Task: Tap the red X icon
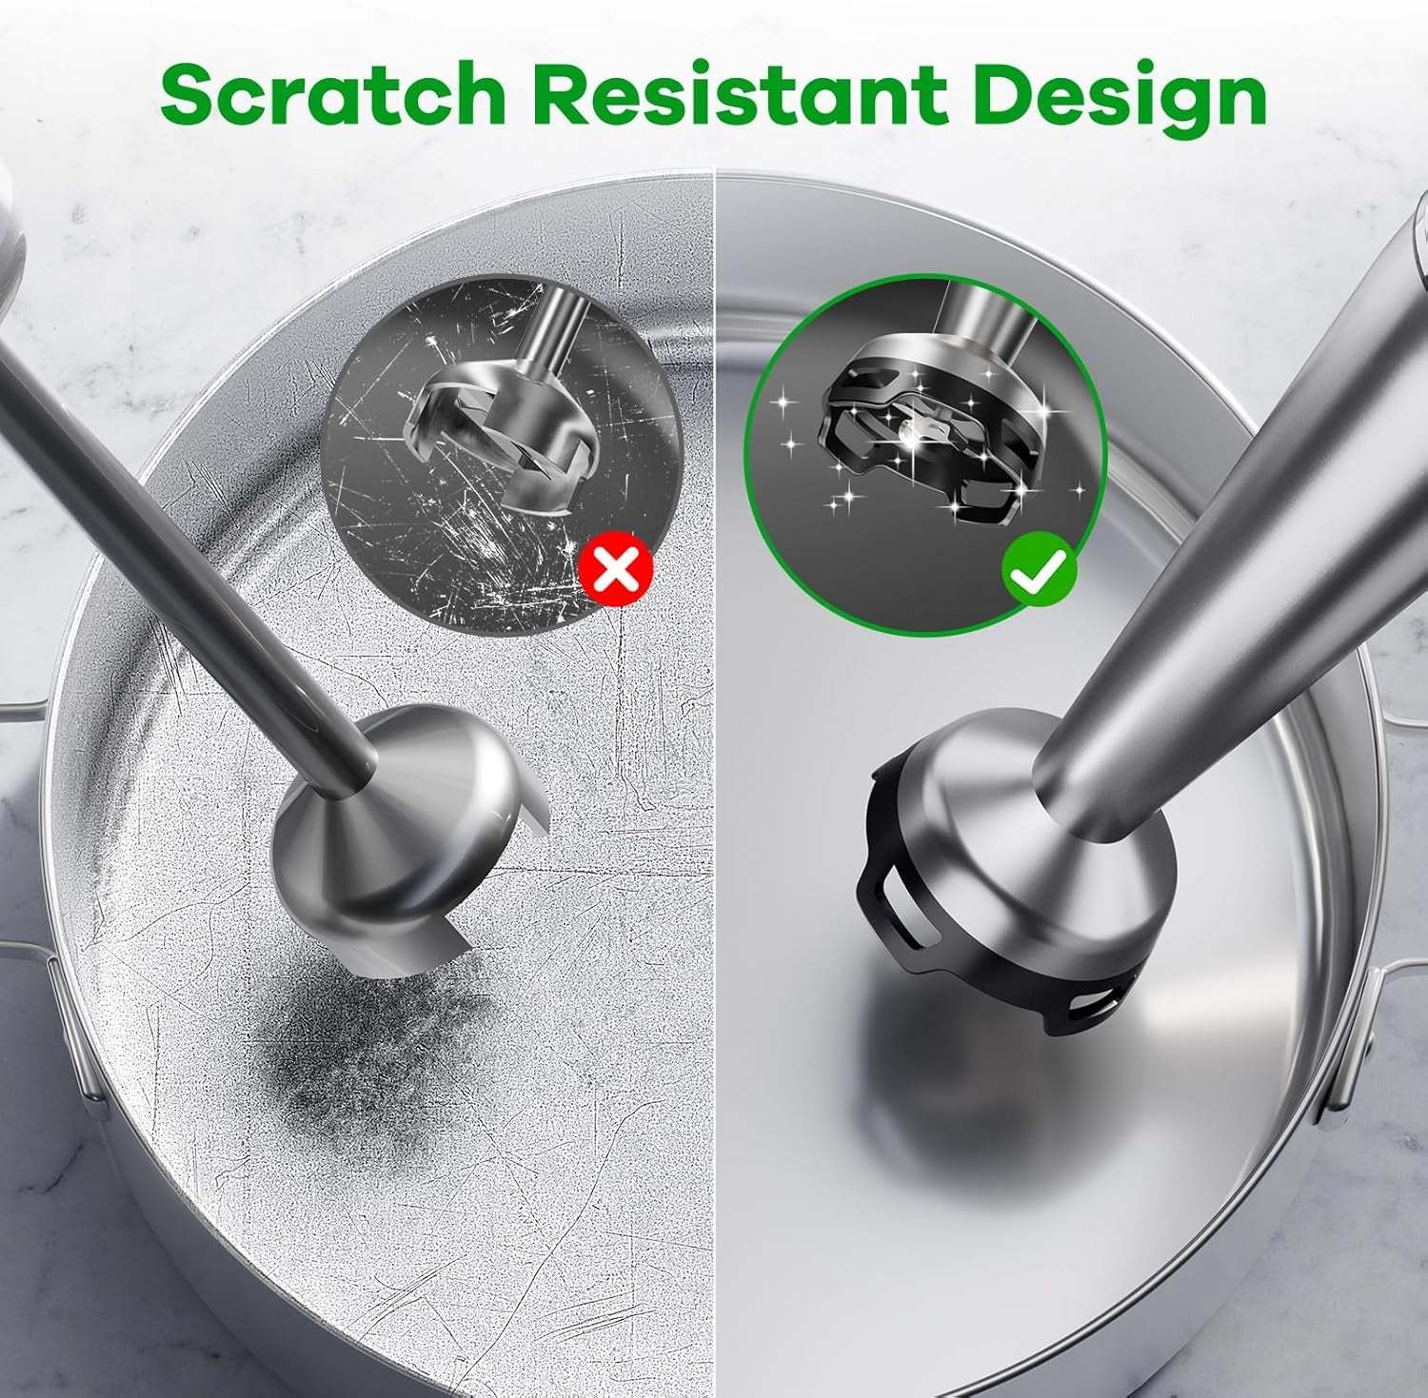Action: coord(616,570)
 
